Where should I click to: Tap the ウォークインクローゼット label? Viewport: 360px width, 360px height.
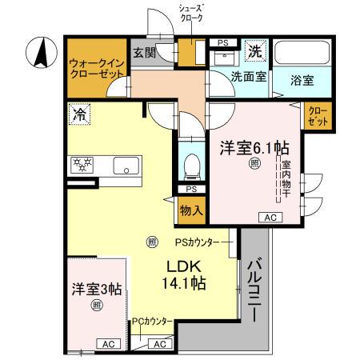(95, 67)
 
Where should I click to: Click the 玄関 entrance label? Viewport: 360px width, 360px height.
(145, 54)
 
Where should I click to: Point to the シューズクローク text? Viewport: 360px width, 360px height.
(191, 12)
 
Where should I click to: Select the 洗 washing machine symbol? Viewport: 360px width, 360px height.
(254, 50)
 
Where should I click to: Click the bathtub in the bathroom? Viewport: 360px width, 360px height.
(300, 55)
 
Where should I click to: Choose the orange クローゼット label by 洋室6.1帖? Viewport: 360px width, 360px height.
(318, 115)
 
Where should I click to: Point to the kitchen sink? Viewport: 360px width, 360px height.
(125, 166)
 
